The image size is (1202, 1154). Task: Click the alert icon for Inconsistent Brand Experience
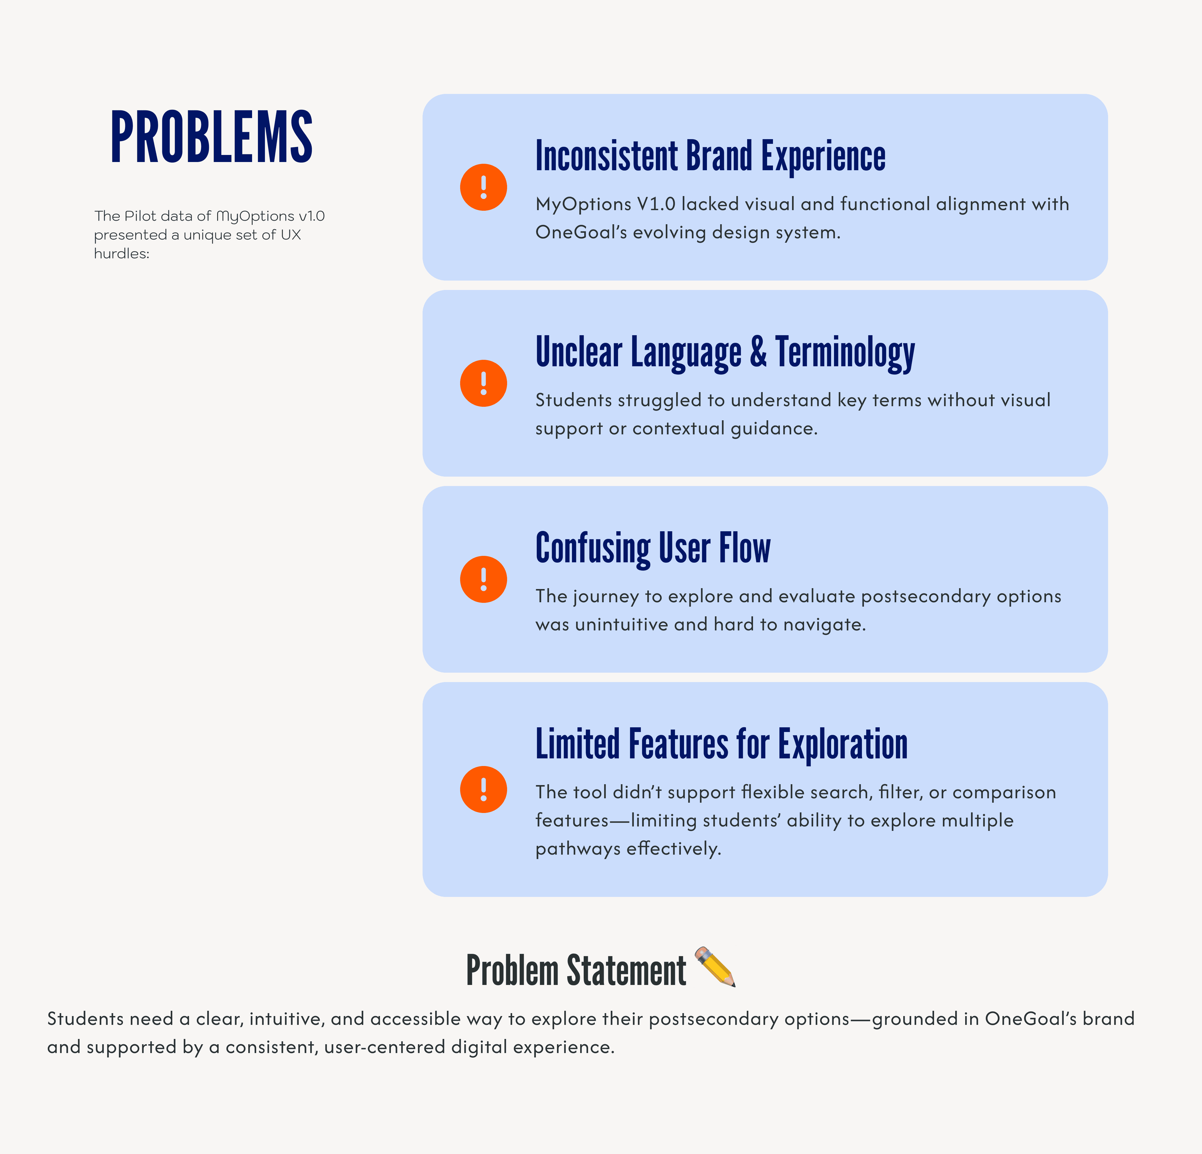coord(483,187)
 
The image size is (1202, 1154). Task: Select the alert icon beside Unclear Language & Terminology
coord(483,383)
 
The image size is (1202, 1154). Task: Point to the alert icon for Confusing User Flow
coord(483,579)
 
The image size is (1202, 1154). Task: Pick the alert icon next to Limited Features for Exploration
coord(483,790)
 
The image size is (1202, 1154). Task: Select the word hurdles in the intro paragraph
coord(121,254)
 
